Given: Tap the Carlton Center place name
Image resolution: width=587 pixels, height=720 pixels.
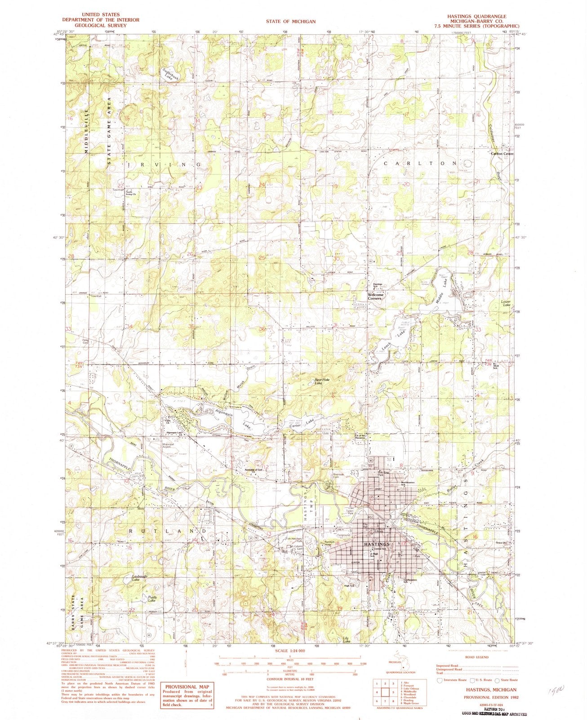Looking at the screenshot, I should [502, 153].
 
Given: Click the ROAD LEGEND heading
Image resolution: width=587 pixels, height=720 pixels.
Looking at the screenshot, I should [477, 657].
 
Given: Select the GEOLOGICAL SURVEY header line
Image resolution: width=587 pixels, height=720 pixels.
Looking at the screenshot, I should [101, 26].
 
